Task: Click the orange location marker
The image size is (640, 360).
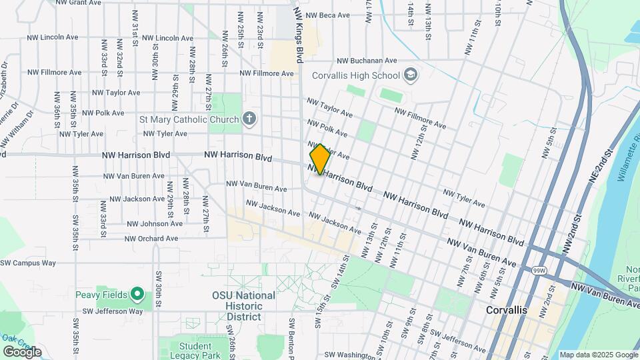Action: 320,159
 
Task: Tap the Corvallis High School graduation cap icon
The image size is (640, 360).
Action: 411,75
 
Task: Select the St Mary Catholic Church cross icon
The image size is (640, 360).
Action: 249,119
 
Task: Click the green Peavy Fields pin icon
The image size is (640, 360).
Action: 137,293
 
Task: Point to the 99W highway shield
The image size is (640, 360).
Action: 539,270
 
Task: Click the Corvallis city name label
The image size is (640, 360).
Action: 506,311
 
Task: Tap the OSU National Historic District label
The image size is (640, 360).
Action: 243,306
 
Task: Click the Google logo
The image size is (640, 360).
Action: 23,351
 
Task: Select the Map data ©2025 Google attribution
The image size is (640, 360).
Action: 598,355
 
